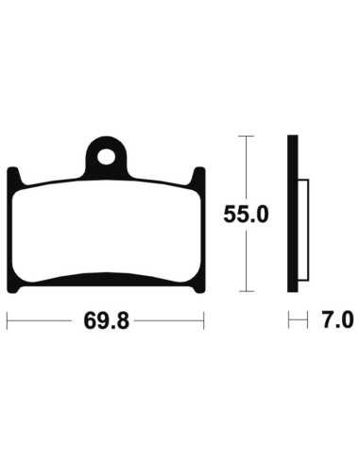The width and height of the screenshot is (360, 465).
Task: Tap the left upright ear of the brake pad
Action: pyautogui.click(x=13, y=177)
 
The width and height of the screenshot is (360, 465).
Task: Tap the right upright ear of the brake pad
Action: pyautogui.click(x=199, y=177)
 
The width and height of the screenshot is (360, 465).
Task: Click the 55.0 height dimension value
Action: pyautogui.click(x=247, y=215)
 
